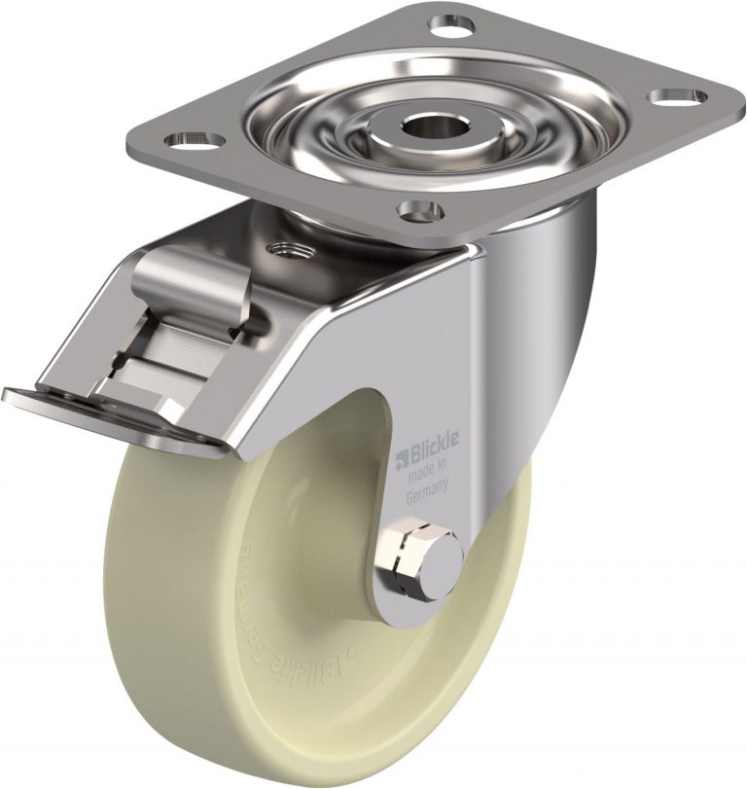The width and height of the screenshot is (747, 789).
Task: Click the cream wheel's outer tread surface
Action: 136,584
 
